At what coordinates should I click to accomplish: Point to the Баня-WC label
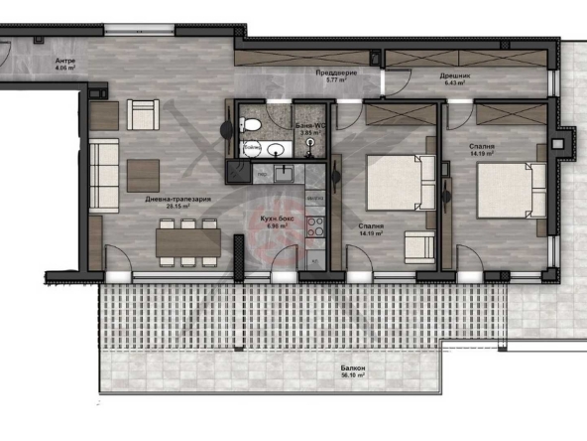click(x=311, y=126)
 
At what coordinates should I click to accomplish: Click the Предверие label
click(x=338, y=74)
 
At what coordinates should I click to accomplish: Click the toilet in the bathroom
click(x=254, y=125)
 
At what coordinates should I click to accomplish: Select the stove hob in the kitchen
click(x=316, y=224)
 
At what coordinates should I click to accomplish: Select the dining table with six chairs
click(x=187, y=240)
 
